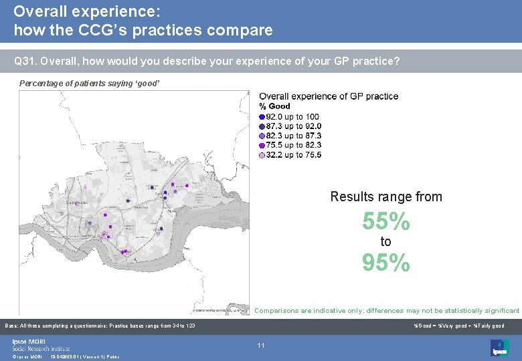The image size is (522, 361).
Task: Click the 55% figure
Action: pos(385,221)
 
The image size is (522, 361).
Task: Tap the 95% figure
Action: pos(385,263)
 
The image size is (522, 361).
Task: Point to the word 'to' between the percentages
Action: pos(385,242)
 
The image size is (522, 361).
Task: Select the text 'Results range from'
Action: pos(386,197)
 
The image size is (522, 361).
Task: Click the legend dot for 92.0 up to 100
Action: pos(262,117)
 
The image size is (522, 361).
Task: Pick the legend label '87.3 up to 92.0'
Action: pos(294,126)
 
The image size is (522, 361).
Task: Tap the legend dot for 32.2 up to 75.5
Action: pos(262,155)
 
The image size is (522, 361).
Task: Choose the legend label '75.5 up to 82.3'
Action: pos(294,145)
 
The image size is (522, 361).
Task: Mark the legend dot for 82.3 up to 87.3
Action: pos(262,136)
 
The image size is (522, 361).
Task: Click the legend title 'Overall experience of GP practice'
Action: pos(329,96)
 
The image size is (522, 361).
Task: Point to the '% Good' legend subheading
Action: pos(274,106)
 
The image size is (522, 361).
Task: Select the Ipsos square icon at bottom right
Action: pos(499,347)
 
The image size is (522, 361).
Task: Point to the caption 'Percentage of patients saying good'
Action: pos(90,84)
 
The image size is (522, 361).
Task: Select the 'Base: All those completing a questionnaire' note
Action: pos(100,326)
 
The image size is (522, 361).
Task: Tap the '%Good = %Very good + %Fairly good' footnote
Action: pos(459,326)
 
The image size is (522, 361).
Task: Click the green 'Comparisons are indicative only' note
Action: pos(386,311)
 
